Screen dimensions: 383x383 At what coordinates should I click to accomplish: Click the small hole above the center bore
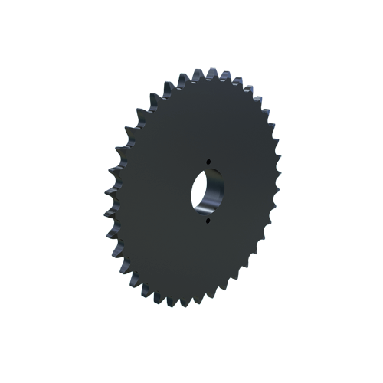(208, 161)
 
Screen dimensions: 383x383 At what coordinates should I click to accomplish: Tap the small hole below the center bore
(208, 222)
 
